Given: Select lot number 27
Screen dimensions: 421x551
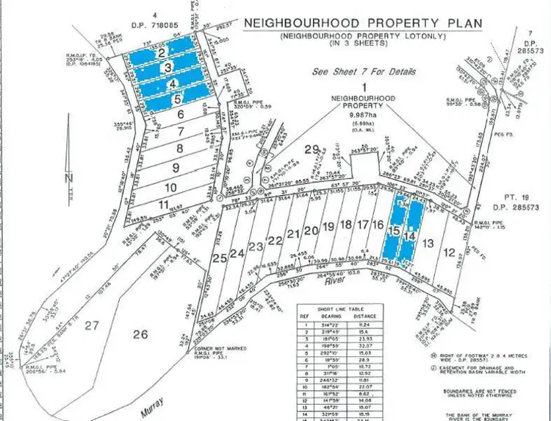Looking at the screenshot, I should (92, 325).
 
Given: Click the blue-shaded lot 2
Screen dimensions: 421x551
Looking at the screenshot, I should (161, 53).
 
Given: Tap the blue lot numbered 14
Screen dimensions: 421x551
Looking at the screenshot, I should (410, 236).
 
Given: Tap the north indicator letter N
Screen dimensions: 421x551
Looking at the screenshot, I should (68, 178).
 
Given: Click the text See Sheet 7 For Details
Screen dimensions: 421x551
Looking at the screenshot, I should (363, 72).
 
